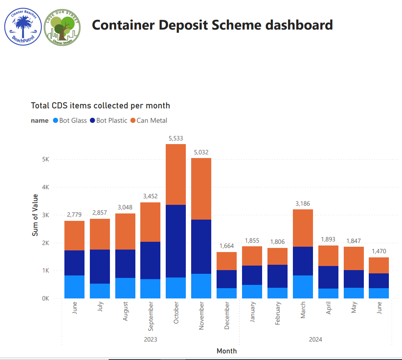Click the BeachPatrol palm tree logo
23,27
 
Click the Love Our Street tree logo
62,27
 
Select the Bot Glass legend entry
70,120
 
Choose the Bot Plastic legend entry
109,120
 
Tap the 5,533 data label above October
176,138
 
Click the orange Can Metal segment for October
176,174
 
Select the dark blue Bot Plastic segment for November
201,246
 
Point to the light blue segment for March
302,287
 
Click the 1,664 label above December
226,246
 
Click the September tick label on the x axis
151,316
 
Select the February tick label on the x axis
277,313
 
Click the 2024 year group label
315,339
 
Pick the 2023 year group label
151,339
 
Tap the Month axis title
226,351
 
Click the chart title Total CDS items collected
100,105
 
